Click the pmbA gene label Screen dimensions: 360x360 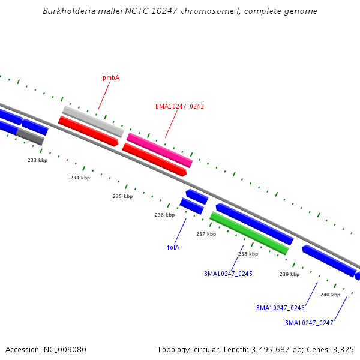(x=111, y=78)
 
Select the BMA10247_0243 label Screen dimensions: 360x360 (x=179, y=106)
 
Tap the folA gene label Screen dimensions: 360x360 (x=173, y=247)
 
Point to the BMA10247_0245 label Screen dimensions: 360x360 (x=228, y=274)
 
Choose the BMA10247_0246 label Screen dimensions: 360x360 (x=280, y=308)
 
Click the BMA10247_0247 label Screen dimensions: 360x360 (x=309, y=323)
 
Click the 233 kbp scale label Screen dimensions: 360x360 (x=38, y=160)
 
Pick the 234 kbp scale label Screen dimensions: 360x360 (x=80, y=178)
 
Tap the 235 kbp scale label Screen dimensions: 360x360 (x=122, y=196)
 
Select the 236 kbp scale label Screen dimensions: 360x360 (x=164, y=215)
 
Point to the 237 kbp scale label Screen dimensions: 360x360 (x=206, y=234)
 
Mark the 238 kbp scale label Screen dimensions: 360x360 (x=248, y=254)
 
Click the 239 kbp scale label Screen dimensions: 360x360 (x=290, y=274)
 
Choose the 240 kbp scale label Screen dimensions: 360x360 (x=331, y=295)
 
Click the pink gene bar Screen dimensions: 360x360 (x=160, y=150)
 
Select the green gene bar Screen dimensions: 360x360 (x=249, y=233)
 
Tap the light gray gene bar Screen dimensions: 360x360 (x=93, y=121)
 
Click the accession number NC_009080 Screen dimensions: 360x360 (x=65, y=350)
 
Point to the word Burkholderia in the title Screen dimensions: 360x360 (x=69, y=11)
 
